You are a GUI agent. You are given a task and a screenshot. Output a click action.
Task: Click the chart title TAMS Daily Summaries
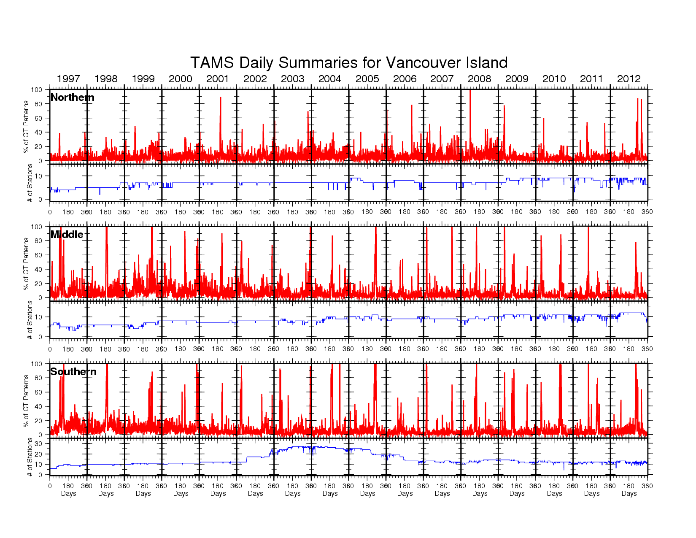[x=348, y=62]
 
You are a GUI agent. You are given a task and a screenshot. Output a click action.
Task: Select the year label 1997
[x=68, y=79]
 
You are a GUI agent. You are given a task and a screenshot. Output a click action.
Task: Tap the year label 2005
[x=367, y=79]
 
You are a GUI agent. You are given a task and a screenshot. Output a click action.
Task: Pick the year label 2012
[x=629, y=79]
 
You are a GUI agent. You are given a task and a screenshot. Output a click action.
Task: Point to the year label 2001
[x=218, y=79]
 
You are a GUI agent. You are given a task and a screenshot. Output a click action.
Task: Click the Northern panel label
[x=72, y=97]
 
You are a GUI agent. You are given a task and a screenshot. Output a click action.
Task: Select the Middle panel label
[x=67, y=235]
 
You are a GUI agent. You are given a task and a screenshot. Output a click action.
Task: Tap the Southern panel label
[x=73, y=372]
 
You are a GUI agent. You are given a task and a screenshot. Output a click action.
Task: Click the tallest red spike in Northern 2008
[x=470, y=91]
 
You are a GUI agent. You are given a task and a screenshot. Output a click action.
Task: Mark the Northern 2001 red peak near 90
[x=220, y=98]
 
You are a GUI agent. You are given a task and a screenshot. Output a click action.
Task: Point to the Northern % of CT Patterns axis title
[x=26, y=126]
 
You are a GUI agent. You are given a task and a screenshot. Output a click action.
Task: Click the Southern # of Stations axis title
[x=30, y=457]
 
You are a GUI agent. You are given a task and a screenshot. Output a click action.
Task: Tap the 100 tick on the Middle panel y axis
[x=37, y=227]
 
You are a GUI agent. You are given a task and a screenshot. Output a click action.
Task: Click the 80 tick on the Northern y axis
[x=38, y=104]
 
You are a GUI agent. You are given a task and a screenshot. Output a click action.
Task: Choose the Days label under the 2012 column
[x=629, y=493]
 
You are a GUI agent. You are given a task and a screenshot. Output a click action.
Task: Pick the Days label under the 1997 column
[x=68, y=493]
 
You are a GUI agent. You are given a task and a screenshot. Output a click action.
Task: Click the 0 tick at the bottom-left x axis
[x=50, y=486]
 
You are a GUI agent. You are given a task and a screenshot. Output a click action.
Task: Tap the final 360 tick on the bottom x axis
[x=647, y=486]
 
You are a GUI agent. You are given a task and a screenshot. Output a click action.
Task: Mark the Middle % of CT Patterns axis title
[x=26, y=263]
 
